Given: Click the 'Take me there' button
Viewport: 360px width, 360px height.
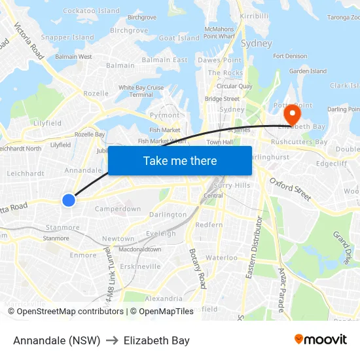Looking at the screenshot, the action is tap(180, 160).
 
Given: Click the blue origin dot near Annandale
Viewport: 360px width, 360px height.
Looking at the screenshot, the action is tap(69, 200).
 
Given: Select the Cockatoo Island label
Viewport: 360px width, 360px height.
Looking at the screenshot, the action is tap(92, 10).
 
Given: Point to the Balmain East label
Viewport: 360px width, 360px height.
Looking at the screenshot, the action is tap(165, 60).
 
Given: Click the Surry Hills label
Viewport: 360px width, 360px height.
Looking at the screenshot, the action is tap(232, 185).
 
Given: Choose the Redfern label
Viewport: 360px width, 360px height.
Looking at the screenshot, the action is tap(209, 225).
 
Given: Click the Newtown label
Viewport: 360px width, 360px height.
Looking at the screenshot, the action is tap(118, 239).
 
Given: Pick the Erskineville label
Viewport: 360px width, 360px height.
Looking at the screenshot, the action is tap(140, 266).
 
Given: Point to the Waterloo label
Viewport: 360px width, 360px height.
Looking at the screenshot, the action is tap(222, 257).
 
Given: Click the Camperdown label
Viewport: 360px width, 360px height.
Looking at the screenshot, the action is tap(118, 209).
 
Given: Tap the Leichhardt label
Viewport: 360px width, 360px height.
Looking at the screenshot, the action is tap(26, 173).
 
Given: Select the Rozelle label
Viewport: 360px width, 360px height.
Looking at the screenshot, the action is tap(96, 94).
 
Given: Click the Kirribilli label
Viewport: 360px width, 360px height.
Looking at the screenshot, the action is tap(255, 15).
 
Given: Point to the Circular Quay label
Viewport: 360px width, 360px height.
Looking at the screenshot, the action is tap(234, 86).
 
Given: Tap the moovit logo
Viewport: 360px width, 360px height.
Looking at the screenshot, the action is tap(321, 340).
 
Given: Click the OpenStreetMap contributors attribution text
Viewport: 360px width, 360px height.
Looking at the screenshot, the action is tap(65, 312).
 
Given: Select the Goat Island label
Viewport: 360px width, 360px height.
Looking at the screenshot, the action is tap(179, 38).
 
